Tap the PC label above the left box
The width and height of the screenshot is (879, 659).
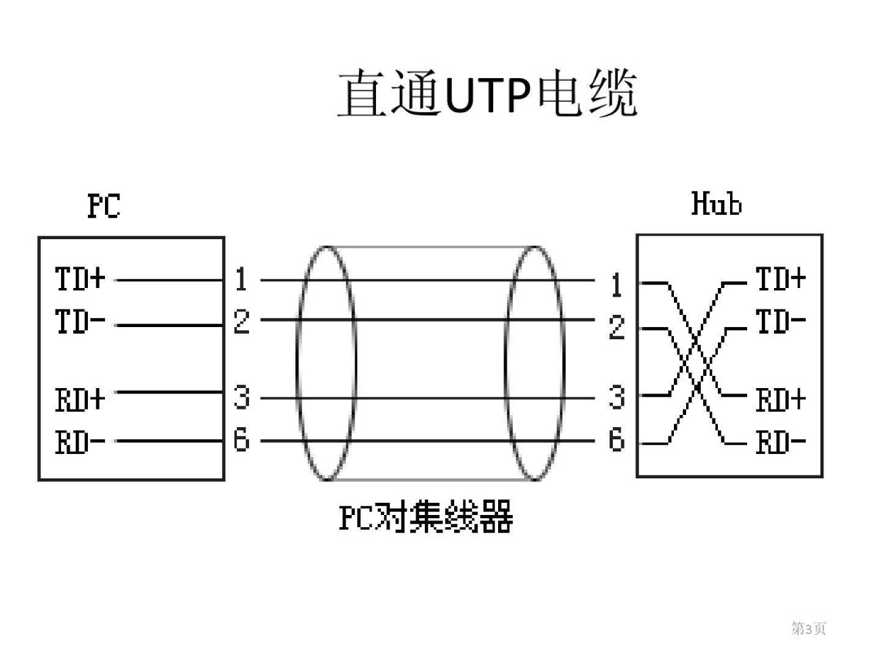click(104, 206)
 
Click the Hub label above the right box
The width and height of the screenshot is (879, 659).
click(716, 204)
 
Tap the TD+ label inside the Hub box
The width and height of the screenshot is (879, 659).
click(781, 279)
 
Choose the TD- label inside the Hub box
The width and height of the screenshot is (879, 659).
click(781, 322)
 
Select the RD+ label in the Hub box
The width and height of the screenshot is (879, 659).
click(781, 400)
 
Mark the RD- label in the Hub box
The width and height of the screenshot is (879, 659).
click(781, 442)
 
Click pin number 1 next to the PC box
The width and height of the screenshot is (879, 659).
click(241, 279)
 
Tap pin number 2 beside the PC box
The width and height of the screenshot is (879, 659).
click(242, 322)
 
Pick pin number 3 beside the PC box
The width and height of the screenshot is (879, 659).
click(242, 397)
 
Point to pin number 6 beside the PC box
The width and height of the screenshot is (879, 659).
click(242, 439)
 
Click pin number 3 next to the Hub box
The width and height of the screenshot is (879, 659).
click(617, 397)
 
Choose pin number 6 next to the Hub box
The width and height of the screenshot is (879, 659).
click(617, 439)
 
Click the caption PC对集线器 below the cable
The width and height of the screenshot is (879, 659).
click(425, 517)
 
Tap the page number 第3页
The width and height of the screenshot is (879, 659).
click(808, 628)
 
